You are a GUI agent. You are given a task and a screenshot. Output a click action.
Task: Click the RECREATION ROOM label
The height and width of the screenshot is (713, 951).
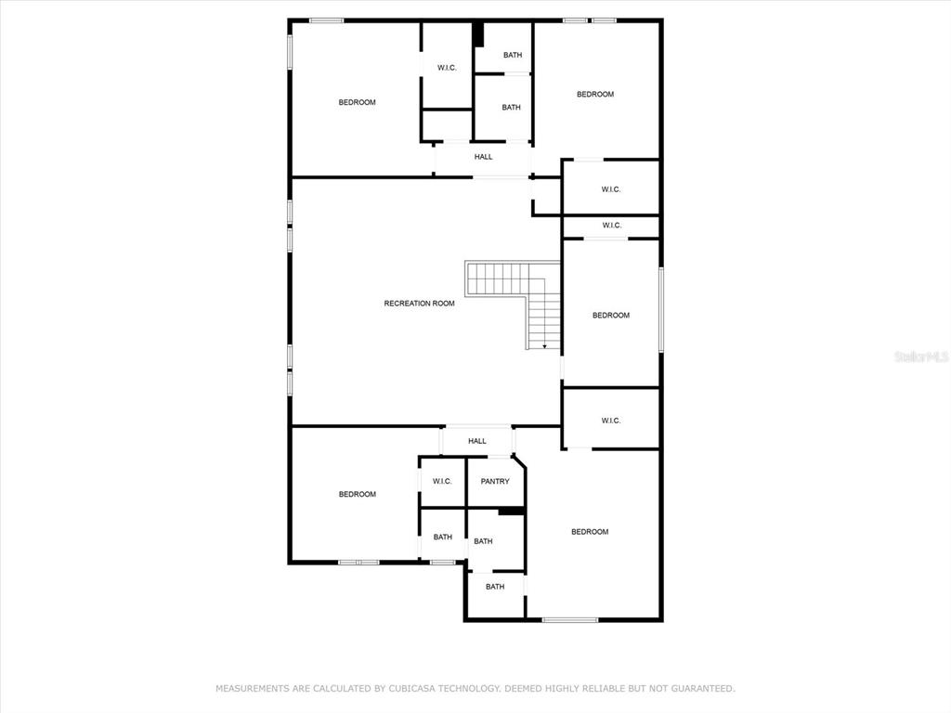coord(419,304)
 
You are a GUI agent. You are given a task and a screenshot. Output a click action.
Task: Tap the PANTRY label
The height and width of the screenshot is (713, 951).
coord(495,482)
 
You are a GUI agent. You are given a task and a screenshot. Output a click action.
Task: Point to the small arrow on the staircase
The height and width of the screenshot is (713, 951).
coord(544,345)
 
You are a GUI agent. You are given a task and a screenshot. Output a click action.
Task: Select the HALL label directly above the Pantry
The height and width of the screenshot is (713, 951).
coord(477,441)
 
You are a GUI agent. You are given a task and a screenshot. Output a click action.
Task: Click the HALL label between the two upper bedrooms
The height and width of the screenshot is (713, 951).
coord(483,156)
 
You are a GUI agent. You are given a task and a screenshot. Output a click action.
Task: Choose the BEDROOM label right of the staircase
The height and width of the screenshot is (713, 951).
coord(611,316)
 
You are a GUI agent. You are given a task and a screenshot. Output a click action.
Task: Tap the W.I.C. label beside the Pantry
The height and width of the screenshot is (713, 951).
coord(442,482)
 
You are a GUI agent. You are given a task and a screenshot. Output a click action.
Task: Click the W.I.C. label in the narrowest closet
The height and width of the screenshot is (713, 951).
coord(611,226)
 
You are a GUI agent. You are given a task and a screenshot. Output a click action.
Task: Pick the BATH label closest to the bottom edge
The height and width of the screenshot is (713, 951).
coord(495,587)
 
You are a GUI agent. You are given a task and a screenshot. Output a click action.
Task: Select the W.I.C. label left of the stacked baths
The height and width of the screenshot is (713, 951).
coord(447,68)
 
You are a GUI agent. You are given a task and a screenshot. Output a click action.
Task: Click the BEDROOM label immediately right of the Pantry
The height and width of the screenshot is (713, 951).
coord(590,532)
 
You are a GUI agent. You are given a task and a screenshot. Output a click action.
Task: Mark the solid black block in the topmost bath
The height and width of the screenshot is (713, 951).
coord(478,34)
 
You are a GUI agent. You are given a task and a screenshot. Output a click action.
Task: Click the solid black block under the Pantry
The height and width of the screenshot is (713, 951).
coord(511,512)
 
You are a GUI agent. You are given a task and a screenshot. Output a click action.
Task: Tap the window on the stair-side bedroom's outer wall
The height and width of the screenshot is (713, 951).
coord(661,310)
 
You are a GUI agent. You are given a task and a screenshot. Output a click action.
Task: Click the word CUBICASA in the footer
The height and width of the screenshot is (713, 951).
coord(410,688)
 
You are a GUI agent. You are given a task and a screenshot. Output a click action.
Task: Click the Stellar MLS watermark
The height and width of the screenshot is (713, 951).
coord(921,356)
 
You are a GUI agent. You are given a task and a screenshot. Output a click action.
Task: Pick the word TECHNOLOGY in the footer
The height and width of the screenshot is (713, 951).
coord(467,688)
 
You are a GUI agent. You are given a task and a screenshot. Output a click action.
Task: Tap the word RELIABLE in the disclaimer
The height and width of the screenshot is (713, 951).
coord(603,688)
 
